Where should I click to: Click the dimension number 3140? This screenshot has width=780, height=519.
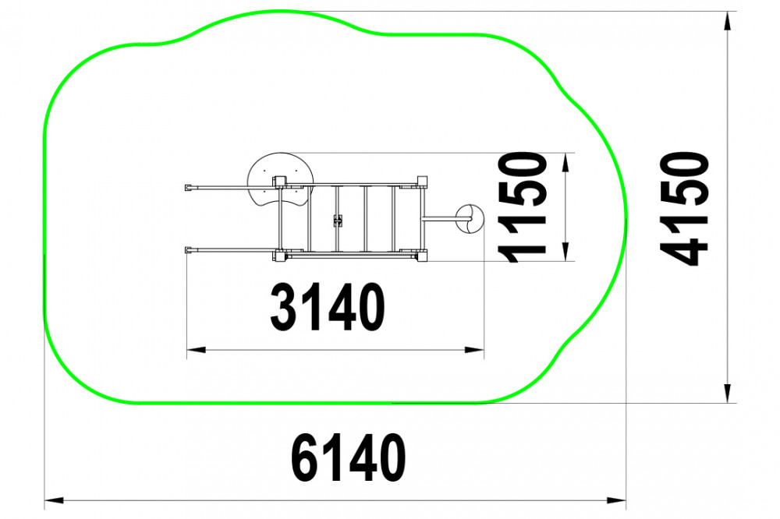point(328,307)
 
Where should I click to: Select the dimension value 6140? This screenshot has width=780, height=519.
point(348,457)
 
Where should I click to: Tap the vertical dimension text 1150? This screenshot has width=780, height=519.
point(523,207)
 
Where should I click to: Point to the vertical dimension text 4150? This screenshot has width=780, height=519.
point(684,208)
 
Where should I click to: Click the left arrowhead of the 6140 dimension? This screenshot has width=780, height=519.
point(55,500)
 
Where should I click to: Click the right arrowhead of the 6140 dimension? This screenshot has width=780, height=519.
point(616,500)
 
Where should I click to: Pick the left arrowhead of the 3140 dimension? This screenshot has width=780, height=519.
point(197,350)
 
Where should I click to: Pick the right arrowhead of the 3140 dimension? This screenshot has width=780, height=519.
point(474,350)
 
